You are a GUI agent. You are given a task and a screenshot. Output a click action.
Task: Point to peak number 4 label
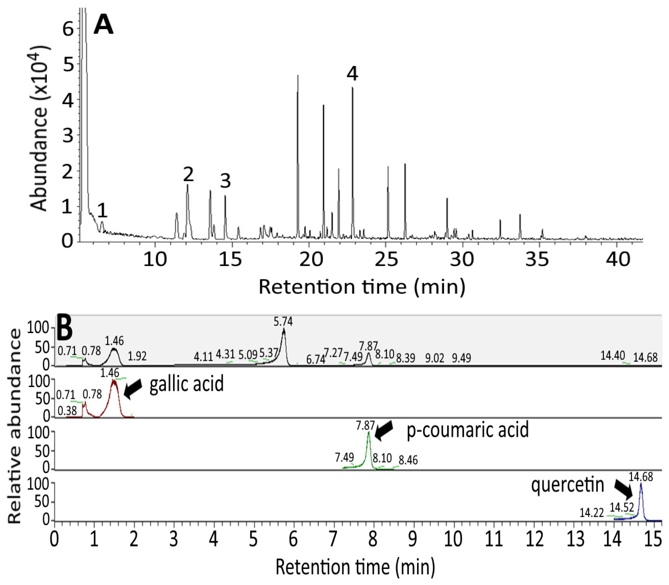click(352, 74)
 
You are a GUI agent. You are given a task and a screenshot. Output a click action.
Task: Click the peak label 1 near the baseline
click(103, 210)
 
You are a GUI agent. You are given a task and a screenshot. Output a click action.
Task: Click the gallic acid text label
click(187, 384)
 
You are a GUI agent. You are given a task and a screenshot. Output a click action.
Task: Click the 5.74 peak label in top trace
click(283, 322)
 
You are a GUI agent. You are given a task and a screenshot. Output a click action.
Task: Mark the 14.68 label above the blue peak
click(641, 477)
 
